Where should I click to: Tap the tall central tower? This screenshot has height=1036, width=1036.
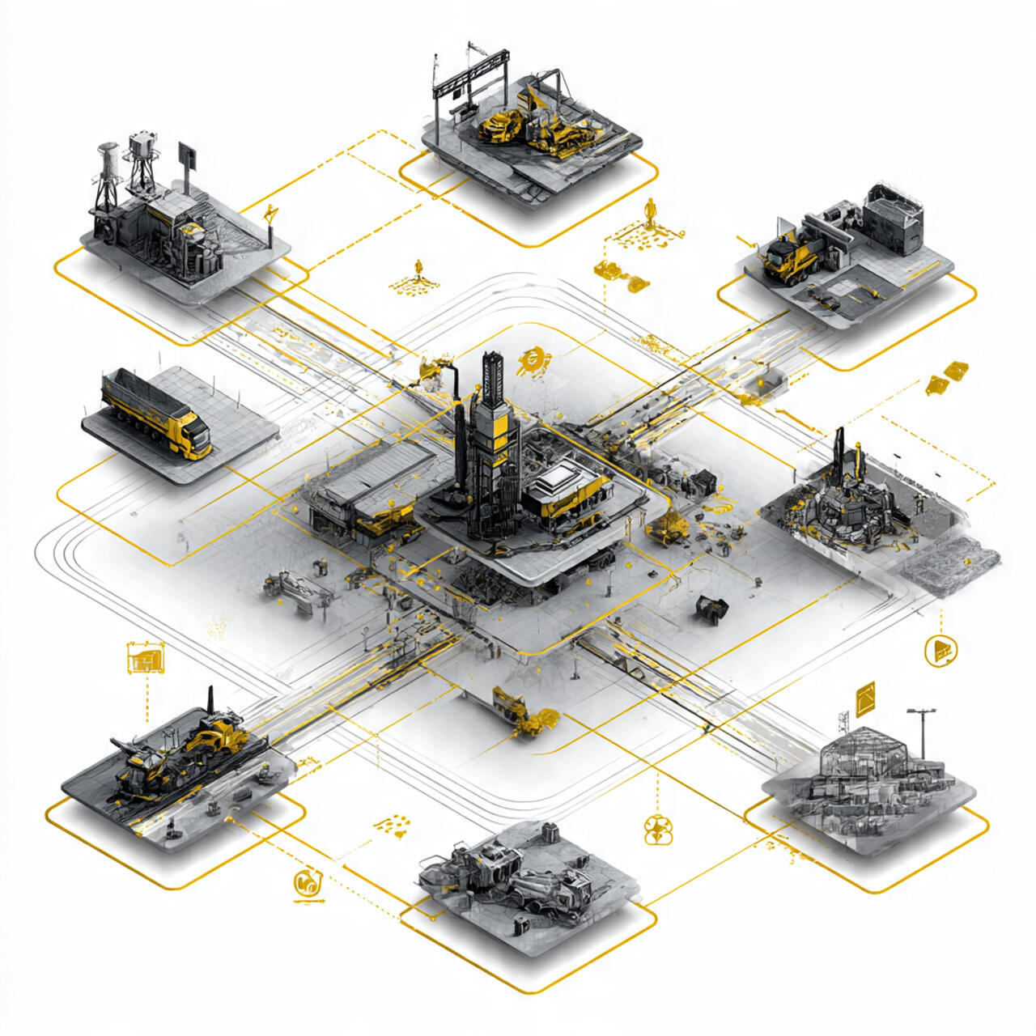pyautogui.click(x=492, y=437)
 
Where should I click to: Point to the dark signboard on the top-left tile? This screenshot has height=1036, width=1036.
pyautogui.click(x=187, y=155)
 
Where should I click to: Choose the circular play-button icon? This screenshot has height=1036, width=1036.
pyautogui.click(x=941, y=649)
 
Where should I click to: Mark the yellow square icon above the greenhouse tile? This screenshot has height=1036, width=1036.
pyautogui.click(x=865, y=698)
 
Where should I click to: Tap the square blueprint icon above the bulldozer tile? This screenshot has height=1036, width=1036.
pyautogui.click(x=146, y=658)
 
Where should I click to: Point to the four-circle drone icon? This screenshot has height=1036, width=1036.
pyautogui.click(x=658, y=829)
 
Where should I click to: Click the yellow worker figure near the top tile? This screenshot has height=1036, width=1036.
pyautogui.click(x=648, y=213)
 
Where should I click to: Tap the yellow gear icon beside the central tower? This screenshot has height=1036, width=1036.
pyautogui.click(x=533, y=359)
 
